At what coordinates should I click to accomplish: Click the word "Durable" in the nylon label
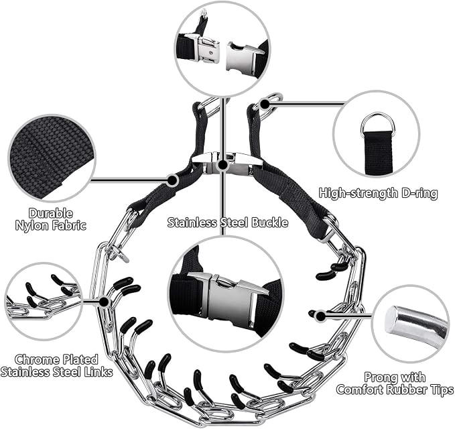(x=50, y=213)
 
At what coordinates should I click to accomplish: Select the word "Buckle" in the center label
(x=270, y=223)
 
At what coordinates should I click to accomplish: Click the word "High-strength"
(x=359, y=193)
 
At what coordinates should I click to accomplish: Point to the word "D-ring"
(x=419, y=193)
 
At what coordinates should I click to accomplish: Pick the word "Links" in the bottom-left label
(x=98, y=372)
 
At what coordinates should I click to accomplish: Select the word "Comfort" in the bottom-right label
(x=359, y=389)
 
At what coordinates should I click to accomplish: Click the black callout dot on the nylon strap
(x=172, y=180)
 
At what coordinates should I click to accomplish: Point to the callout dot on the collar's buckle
(x=222, y=165)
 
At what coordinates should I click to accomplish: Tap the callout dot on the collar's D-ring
(x=265, y=104)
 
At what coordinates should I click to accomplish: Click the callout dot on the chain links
(x=104, y=302)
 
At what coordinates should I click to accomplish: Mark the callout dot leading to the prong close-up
(x=320, y=316)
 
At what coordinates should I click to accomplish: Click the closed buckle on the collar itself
(x=223, y=163)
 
